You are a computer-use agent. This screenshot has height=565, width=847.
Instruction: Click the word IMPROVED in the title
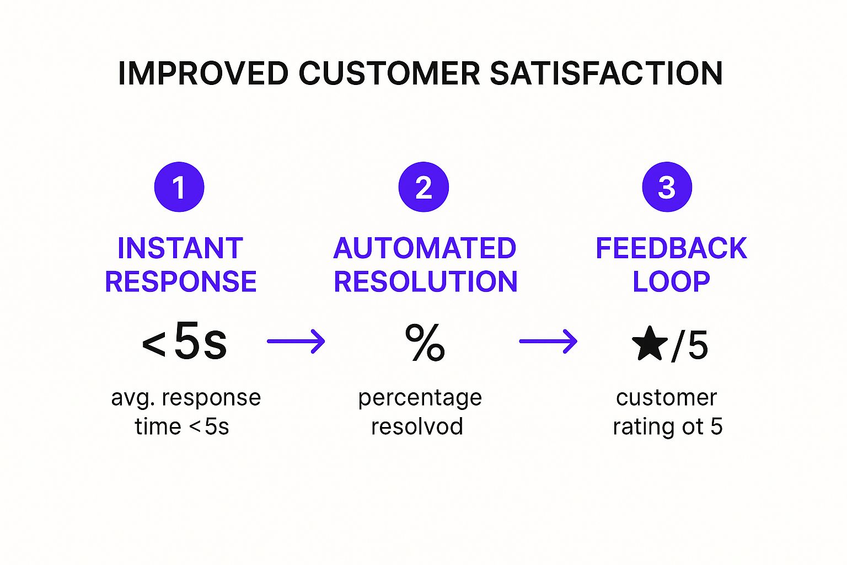203,73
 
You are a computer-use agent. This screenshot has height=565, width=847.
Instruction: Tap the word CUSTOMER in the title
389,73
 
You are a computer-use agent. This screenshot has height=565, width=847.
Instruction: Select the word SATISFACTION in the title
606,73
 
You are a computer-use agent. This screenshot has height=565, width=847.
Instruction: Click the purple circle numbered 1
179,187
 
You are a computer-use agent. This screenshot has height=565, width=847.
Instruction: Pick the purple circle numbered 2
423,187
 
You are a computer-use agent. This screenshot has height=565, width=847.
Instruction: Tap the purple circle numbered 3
667,187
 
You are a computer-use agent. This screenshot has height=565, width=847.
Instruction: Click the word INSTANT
180,248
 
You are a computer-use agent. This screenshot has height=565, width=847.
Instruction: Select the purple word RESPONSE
181,281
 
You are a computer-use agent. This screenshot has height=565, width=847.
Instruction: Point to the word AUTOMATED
425,248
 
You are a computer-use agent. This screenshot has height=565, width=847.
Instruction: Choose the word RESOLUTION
426,281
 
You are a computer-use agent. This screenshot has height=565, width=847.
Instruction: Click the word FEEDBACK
671,248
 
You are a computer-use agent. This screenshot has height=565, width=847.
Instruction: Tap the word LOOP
671,281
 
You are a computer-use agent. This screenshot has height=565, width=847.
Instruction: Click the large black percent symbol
425,342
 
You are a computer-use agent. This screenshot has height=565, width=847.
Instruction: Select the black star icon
650,343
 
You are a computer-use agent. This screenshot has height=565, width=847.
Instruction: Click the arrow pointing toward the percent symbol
296,341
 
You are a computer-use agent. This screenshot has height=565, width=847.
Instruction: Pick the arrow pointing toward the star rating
548,341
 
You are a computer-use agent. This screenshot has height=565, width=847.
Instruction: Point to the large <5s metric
185,342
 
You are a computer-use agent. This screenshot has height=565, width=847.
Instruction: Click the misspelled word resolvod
417,427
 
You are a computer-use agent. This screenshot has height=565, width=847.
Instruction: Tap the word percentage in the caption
420,398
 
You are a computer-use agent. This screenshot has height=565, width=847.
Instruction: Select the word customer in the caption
667,397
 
